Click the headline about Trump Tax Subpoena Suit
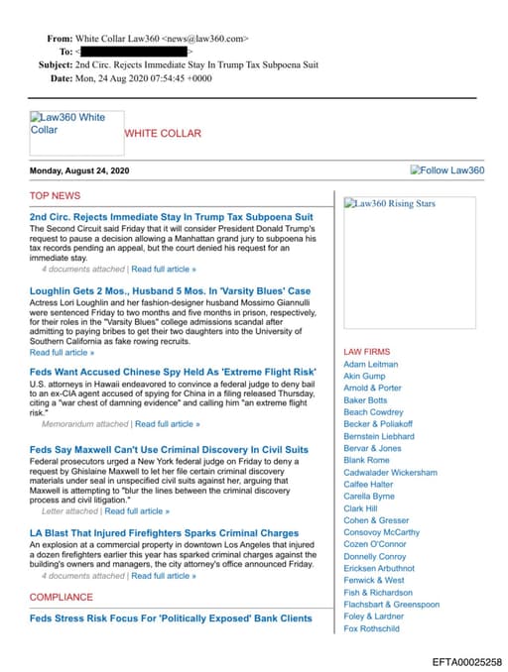(171, 216)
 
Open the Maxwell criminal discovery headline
(169, 449)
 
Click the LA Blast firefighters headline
(164, 533)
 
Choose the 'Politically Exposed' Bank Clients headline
(171, 618)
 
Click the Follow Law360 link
(447, 170)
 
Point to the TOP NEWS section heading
(55, 195)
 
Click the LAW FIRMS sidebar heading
(366, 352)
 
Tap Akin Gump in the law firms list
(364, 377)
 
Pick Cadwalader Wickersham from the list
(390, 473)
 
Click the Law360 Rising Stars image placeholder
(389, 204)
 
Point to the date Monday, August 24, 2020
(79, 170)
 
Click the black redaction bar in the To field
(134, 50)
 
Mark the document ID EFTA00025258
(466, 661)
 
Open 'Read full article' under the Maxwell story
(137, 511)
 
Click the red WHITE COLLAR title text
(162, 133)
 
